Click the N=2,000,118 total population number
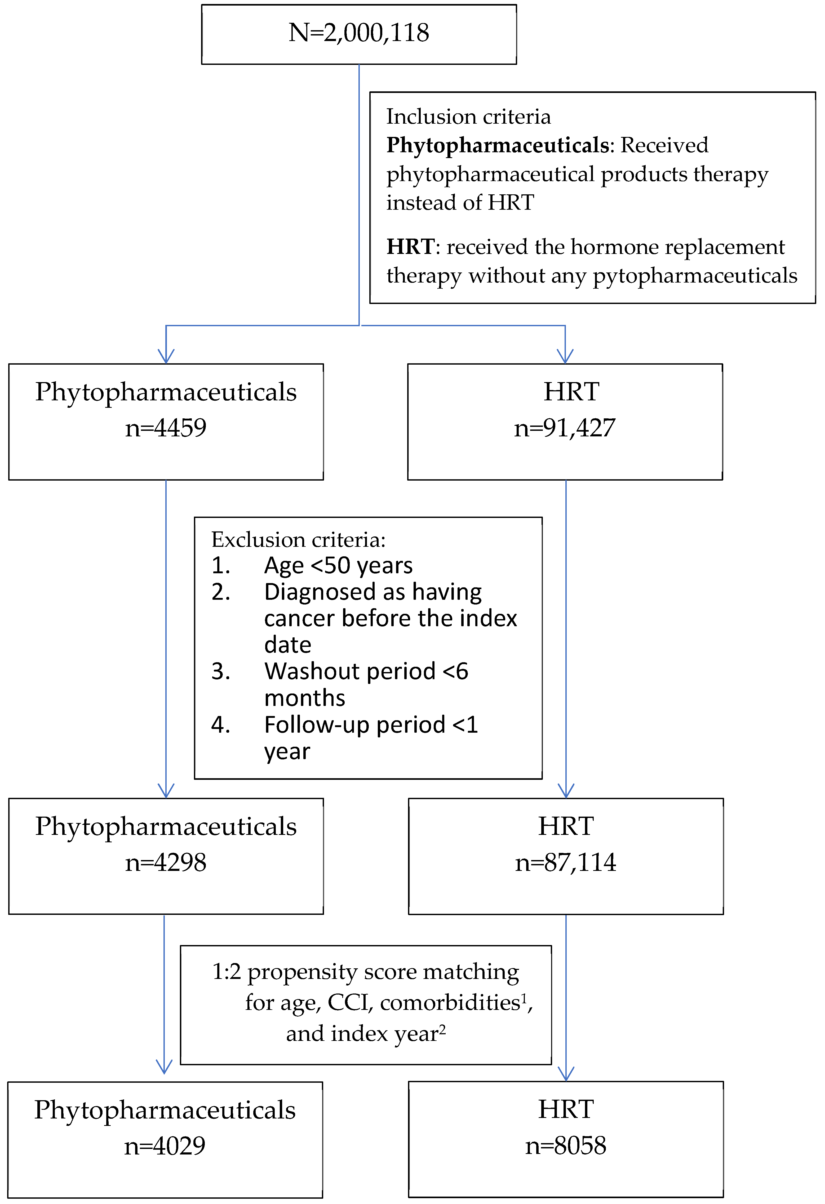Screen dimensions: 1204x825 point(359,33)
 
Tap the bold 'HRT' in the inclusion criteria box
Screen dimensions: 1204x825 point(410,247)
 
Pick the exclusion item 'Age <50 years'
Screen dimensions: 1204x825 point(338,565)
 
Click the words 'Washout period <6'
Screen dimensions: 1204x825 point(366,672)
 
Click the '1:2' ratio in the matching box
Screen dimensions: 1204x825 point(227,972)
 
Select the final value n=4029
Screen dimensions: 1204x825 point(165,1146)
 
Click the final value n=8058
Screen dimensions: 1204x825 point(565,1146)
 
